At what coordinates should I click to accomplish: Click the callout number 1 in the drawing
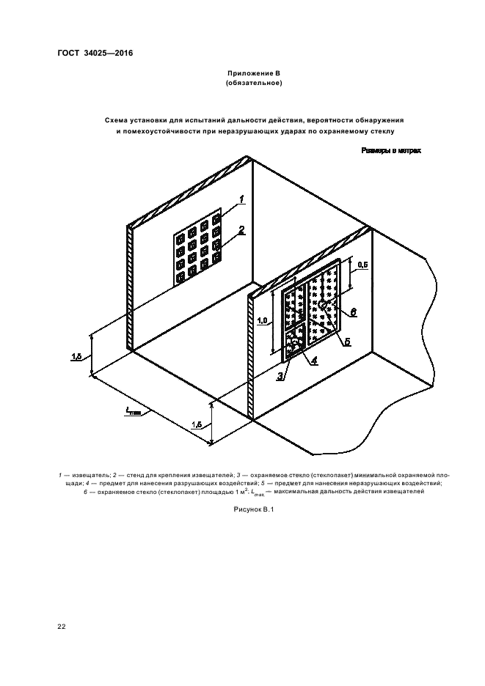point(241,199)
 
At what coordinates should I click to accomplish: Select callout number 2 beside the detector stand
point(241,229)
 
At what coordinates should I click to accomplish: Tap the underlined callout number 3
point(280,376)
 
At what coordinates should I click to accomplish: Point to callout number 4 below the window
point(313,360)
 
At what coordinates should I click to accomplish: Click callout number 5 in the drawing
point(348,342)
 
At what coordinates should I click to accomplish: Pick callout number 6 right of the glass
point(354,312)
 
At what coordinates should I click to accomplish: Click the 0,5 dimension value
point(362,264)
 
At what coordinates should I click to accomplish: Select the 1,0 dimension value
point(260,320)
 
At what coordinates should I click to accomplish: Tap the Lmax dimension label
point(132,413)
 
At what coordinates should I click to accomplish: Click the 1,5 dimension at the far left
point(76,356)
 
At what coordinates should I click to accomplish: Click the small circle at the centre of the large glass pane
point(321,303)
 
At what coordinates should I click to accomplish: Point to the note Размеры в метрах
point(391,151)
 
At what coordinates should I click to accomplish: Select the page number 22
point(62,627)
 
